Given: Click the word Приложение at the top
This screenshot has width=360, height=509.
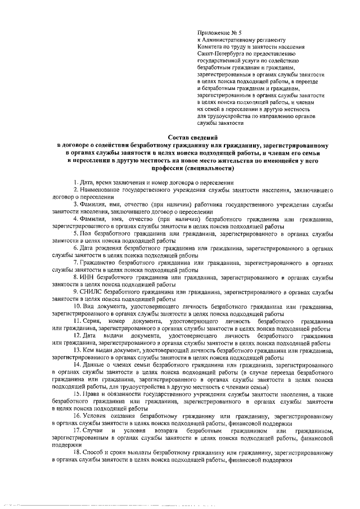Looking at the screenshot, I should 213,34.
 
